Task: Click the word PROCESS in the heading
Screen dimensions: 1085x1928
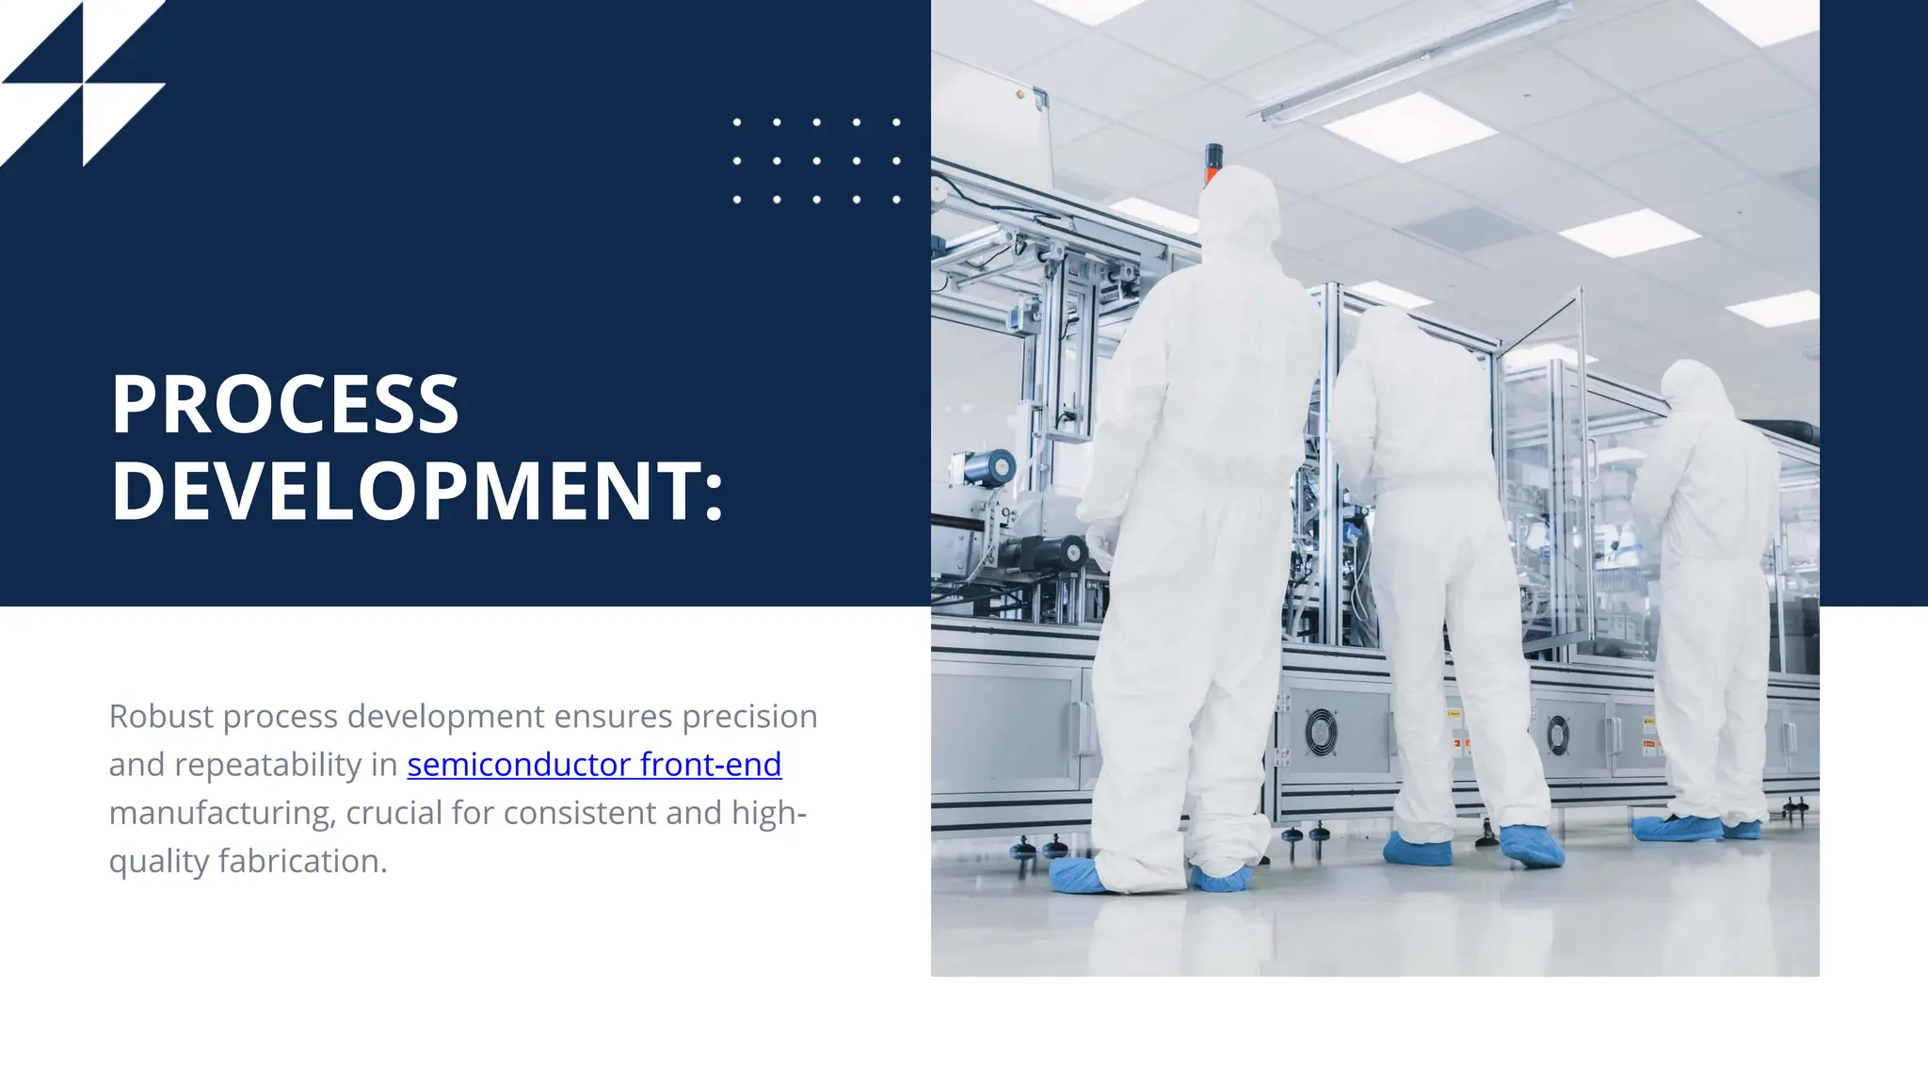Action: pos(284,405)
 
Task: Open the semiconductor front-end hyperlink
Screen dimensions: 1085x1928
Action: pos(594,765)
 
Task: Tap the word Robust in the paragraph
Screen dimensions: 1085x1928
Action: pos(161,717)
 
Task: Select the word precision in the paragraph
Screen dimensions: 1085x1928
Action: pos(749,717)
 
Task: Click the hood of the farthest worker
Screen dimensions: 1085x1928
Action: pos(1696,386)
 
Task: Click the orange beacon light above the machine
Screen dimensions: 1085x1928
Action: pos(1213,162)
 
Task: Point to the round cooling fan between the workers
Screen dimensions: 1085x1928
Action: pos(1320,731)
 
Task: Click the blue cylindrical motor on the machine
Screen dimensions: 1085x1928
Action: pos(990,467)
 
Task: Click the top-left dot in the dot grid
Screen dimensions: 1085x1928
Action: pos(737,122)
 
